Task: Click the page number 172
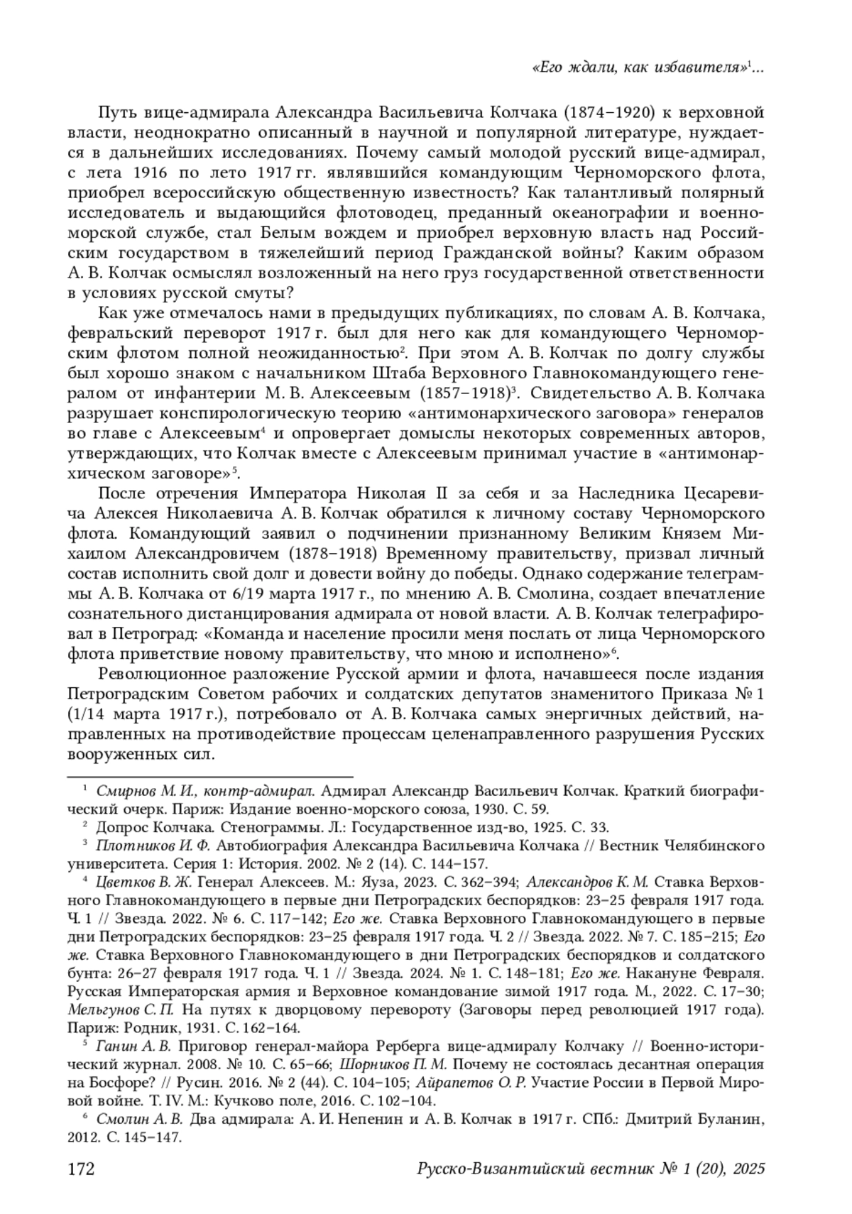tap(81, 1169)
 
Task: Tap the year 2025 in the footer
tap(747, 1169)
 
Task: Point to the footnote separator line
tap(210, 777)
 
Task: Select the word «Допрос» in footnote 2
tap(117, 827)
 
